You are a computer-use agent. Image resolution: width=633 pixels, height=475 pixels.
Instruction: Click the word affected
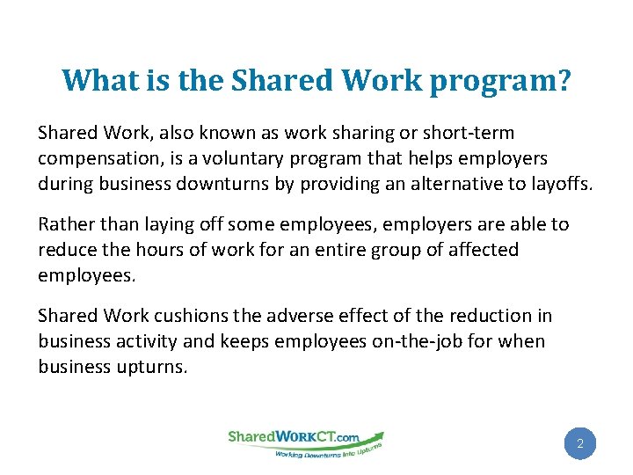coord(483,250)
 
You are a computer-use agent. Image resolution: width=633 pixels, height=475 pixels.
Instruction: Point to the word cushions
coord(188,316)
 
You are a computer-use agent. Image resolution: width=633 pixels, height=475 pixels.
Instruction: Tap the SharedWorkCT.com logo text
coord(294,436)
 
